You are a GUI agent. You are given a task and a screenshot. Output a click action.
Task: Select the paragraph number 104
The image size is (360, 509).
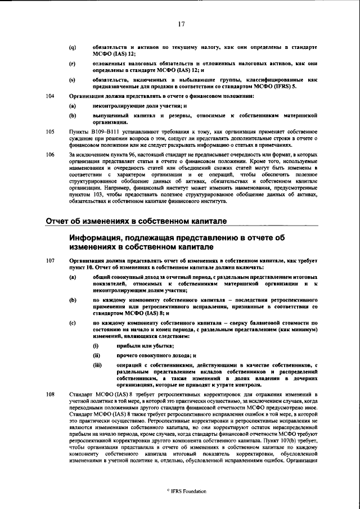pos(49,96)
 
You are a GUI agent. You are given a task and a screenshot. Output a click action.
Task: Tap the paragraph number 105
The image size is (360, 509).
pos(49,131)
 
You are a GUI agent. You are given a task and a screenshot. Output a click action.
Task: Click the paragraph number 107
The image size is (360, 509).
pos(49,262)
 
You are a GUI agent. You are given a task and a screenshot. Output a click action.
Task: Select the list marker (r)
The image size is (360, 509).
pos(73,65)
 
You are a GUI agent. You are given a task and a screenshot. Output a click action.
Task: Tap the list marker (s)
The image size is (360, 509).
pos(73,82)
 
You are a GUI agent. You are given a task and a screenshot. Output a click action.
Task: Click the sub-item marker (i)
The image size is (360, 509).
pos(96,345)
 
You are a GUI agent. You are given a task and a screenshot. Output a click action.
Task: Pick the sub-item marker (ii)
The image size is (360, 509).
pos(96,355)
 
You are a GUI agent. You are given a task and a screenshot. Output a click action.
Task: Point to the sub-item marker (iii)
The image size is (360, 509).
pos(97,366)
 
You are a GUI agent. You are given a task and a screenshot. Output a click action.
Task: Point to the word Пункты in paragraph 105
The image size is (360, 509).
pos(79,131)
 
